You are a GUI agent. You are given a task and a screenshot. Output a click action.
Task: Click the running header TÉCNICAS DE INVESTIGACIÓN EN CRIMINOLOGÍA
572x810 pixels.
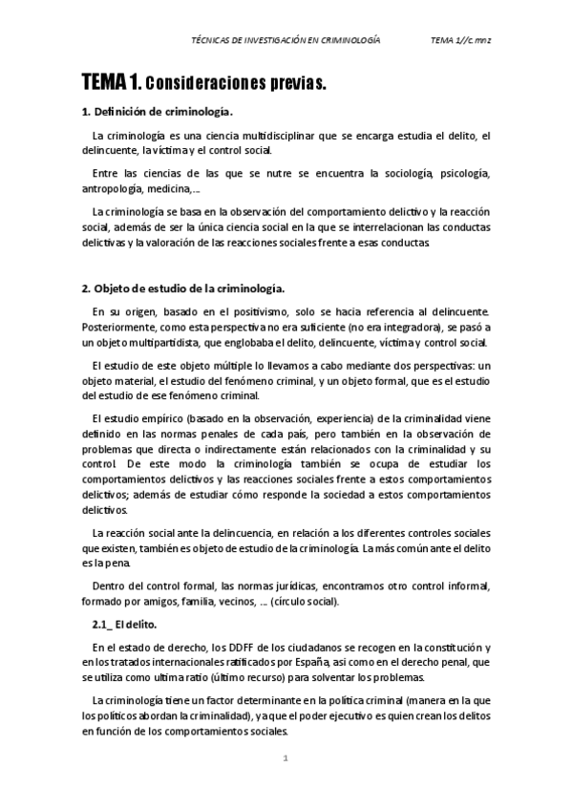pyautogui.click(x=286, y=41)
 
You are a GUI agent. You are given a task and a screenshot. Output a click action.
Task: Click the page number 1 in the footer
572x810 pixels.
pyautogui.click(x=286, y=758)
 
